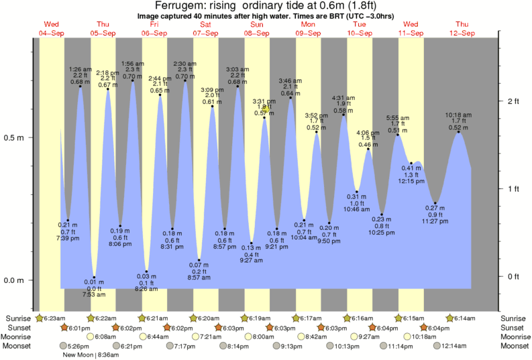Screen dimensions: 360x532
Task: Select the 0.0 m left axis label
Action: pos(14,280)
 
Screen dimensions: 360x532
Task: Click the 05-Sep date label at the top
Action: pos(103,33)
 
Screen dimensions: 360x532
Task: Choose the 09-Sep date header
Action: pos(308,33)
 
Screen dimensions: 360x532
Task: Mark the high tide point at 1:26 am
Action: pos(81,86)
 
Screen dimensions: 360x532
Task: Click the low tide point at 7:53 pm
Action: pos(95,277)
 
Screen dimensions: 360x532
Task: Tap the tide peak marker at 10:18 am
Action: pos(459,132)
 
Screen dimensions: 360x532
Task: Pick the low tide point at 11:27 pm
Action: pos(436,202)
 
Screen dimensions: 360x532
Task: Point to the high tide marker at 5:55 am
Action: pos(398,135)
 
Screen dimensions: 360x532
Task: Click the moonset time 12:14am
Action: pos(454,346)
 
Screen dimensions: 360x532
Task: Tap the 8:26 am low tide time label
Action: pos(146,289)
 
